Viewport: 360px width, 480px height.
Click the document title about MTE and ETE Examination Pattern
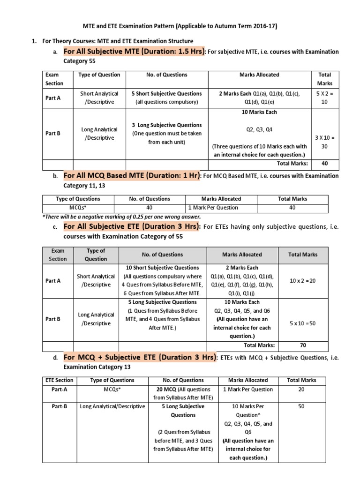[180, 26]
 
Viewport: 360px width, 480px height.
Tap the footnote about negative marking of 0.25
[115, 217]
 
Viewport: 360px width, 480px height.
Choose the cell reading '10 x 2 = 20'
[303, 280]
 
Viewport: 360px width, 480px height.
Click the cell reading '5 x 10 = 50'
[303, 323]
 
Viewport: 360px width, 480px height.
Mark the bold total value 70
[303, 345]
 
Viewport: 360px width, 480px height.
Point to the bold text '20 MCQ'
[163, 389]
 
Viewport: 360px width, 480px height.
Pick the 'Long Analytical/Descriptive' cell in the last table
[112, 406]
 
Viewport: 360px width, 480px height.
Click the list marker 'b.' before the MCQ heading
[55, 176]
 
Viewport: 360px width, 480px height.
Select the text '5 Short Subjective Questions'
[167, 94]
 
